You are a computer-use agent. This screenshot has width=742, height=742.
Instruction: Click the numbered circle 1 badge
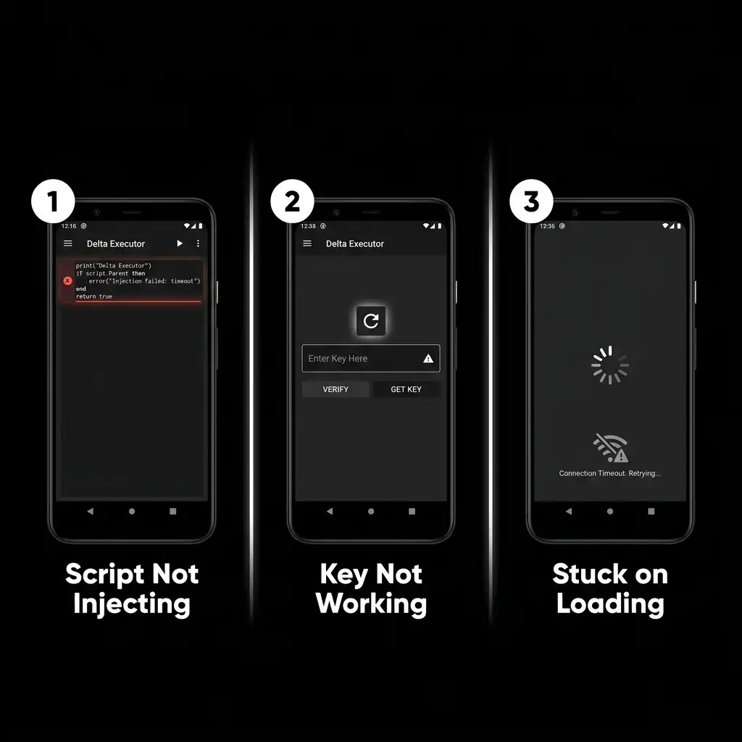point(53,201)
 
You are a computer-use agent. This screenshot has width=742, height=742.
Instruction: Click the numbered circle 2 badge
point(292,201)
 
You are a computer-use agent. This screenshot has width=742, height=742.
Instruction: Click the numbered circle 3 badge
point(531,201)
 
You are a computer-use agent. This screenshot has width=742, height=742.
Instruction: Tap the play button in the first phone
point(180,243)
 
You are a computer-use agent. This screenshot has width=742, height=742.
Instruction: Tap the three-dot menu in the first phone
point(198,243)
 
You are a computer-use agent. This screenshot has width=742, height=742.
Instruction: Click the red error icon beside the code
point(67,280)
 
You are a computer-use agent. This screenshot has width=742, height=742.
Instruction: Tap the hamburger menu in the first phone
point(68,243)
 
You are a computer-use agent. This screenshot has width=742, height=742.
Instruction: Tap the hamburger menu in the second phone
point(307,243)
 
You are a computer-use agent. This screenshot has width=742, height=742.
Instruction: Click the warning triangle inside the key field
point(428,358)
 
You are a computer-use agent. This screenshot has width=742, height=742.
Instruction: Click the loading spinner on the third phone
point(610,365)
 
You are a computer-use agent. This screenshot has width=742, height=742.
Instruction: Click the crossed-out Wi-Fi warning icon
point(610,449)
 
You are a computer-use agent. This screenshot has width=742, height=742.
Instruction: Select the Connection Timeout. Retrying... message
point(610,473)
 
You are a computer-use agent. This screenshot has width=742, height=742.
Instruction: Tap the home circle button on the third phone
point(610,511)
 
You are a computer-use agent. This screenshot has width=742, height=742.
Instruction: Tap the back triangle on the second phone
point(330,511)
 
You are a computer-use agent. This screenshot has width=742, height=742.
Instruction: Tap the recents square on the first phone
point(172,511)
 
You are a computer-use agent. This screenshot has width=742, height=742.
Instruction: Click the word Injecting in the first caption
point(132,604)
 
